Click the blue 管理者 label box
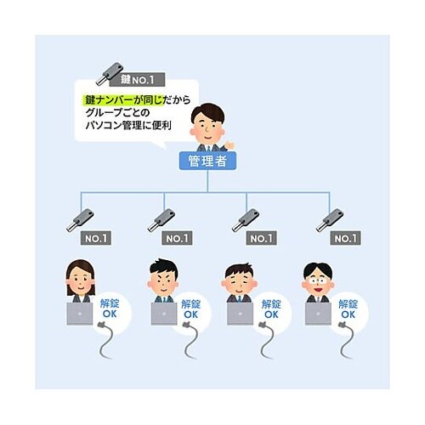(x=207, y=161)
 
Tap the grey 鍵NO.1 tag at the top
(x=137, y=80)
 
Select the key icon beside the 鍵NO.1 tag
(x=110, y=73)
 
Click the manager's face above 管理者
(x=207, y=125)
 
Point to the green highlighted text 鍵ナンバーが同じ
(x=124, y=100)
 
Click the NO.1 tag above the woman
(x=96, y=238)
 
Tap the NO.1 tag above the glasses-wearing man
(x=345, y=238)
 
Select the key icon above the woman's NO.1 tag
(x=80, y=221)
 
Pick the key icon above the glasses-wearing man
(x=330, y=221)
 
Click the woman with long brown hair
(x=81, y=280)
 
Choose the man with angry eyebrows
(x=163, y=280)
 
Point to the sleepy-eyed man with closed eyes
(x=240, y=282)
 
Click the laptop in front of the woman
(x=80, y=314)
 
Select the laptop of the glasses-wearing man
(x=318, y=314)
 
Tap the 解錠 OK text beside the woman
(x=110, y=309)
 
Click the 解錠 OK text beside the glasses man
(x=348, y=309)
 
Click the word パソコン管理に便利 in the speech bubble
(x=128, y=125)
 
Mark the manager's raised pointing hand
(x=229, y=145)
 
